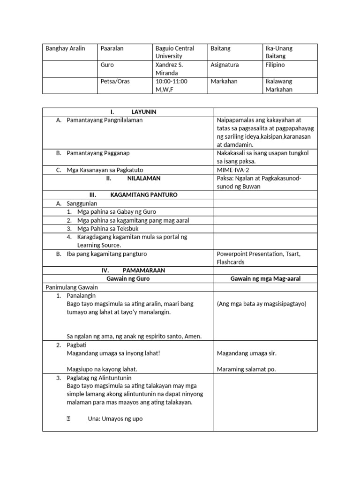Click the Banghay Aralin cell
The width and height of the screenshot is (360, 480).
[x=65, y=48]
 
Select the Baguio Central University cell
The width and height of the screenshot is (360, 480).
[x=174, y=52]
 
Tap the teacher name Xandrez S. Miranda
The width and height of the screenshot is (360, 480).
[x=169, y=69]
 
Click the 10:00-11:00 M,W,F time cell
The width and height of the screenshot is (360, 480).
[x=171, y=85]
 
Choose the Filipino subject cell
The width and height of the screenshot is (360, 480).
[x=275, y=65]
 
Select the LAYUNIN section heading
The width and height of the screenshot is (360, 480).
[x=143, y=112]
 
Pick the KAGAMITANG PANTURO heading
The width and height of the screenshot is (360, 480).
[x=143, y=195]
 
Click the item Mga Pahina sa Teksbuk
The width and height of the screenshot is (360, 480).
[x=105, y=228]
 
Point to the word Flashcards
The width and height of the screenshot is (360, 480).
[x=231, y=262]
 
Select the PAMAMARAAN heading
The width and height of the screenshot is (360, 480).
[x=143, y=270]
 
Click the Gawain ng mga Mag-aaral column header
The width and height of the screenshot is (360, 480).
[x=265, y=279]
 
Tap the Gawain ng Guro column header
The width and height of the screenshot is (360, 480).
[x=128, y=279]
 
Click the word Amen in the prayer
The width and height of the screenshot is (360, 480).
[x=193, y=336]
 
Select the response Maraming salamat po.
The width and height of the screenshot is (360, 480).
[x=246, y=369]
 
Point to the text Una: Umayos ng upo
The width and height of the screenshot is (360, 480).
[x=115, y=419]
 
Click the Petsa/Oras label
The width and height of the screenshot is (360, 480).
[x=115, y=82]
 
